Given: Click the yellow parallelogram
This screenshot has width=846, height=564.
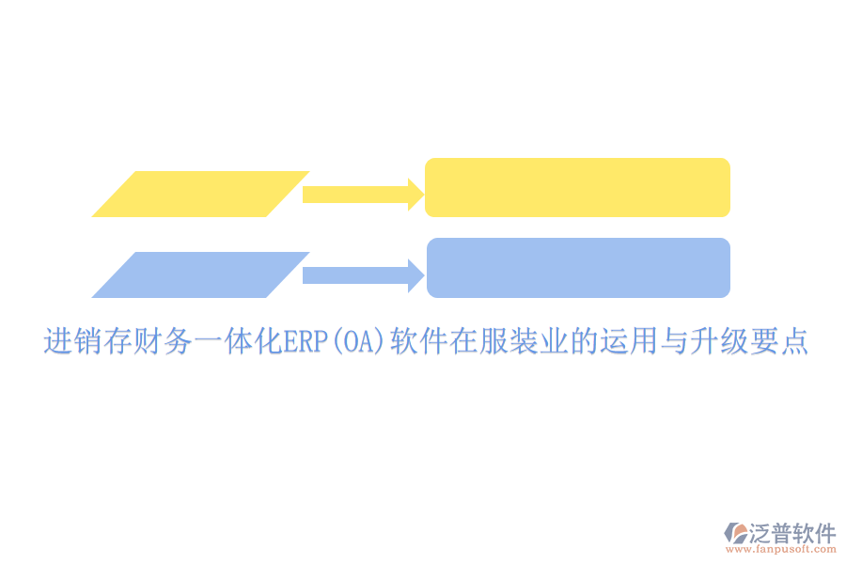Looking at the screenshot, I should point(200,195).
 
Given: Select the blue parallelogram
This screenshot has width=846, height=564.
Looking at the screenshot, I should point(200,274).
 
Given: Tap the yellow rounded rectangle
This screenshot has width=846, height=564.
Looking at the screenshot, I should point(577,187).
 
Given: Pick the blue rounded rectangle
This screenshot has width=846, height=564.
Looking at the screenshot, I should point(578,268).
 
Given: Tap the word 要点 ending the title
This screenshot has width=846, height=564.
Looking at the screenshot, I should point(783,341).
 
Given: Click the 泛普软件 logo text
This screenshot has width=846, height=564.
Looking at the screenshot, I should point(792,534).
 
